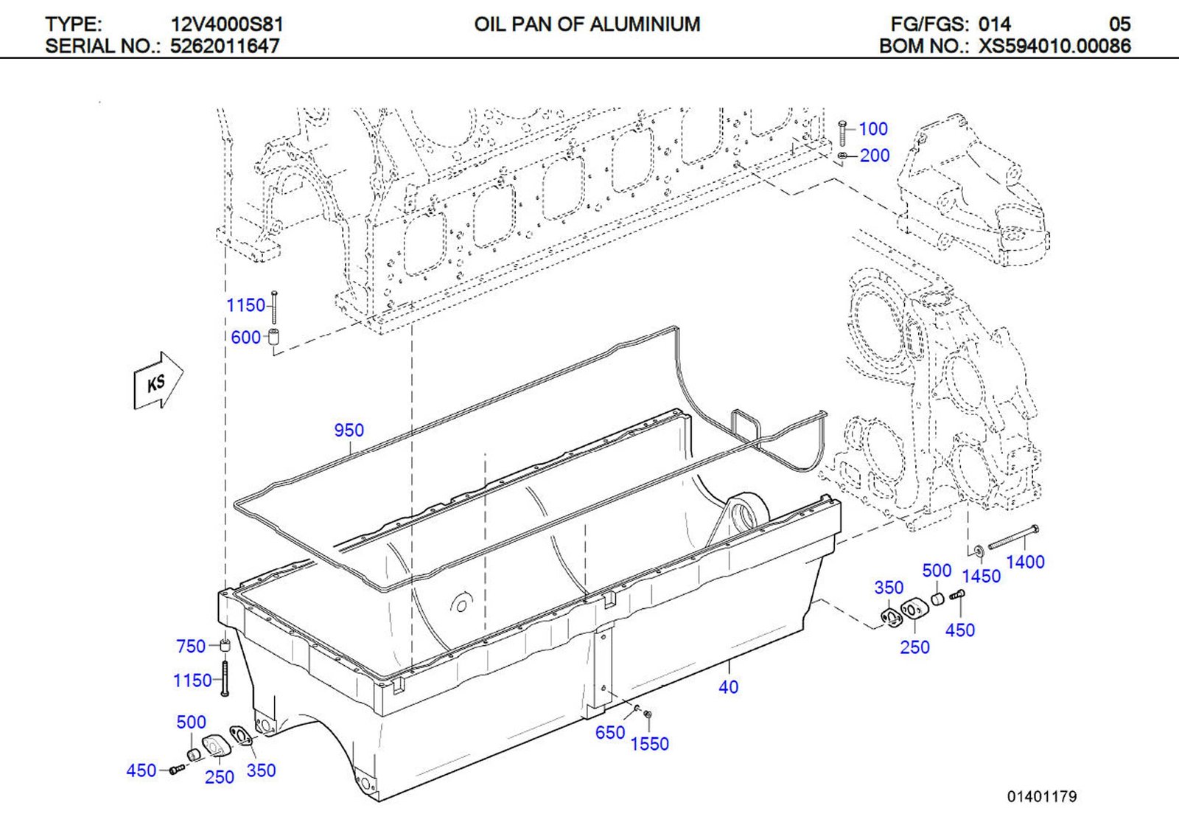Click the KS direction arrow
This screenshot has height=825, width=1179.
coord(158,380)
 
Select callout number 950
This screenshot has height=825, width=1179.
coord(349,430)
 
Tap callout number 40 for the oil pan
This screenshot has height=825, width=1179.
coord(728,687)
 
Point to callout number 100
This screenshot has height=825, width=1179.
coord(873,129)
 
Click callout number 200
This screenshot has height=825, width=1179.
coord(875,156)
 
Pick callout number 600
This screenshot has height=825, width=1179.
coord(245,338)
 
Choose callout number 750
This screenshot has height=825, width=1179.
coord(191,647)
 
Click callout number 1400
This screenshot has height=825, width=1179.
coord(1025,563)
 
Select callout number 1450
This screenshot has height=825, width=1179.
coord(981,577)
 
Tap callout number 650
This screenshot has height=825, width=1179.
coord(610,733)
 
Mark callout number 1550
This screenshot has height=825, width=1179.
coord(649,745)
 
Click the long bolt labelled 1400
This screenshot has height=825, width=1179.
coord(1013,537)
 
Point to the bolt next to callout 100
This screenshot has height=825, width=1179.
coord(843,133)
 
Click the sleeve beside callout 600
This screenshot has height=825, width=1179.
coord(273,338)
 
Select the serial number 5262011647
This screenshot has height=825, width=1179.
coord(225,46)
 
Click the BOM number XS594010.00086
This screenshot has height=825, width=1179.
coord(1054,46)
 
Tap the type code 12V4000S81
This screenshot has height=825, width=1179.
coord(227,24)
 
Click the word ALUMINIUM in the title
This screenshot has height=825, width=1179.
coord(645,24)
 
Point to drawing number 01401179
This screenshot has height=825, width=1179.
coord(1042,796)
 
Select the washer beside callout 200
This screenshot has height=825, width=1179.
coord(843,156)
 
